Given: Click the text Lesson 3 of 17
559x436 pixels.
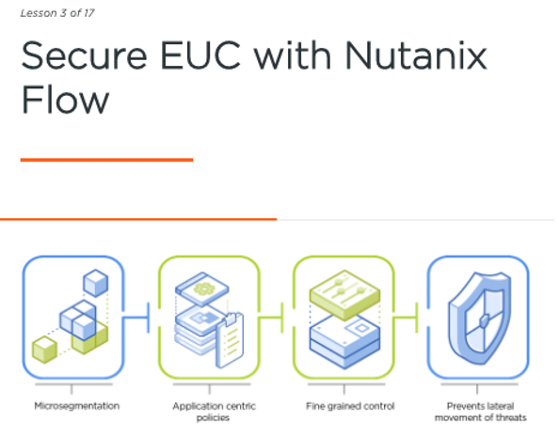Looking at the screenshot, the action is point(57,13).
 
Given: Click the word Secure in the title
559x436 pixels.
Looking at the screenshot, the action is point(84,55).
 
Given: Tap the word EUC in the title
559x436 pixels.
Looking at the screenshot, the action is point(200,55).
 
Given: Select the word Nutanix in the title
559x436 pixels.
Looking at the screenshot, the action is point(416,55).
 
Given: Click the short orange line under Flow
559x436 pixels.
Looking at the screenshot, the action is point(107,160).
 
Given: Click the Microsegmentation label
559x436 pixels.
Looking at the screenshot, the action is point(76,406).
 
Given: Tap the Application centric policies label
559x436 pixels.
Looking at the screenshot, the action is point(214,412).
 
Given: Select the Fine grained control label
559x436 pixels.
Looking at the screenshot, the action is point(350,406).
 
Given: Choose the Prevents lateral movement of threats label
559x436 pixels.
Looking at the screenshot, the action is point(481,412).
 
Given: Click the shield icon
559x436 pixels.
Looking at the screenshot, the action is point(480,318).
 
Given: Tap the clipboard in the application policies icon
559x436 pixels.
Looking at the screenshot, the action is point(231,340).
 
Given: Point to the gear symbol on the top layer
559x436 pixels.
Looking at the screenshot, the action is point(204,288).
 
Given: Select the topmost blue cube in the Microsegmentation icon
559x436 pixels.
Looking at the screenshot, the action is point(96,283).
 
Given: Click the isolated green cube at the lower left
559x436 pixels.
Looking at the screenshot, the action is point(44,350).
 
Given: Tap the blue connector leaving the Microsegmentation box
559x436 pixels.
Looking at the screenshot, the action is point(136,317).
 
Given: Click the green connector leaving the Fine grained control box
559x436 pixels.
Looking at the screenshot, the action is point(406,317).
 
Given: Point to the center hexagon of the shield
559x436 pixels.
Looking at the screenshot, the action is point(483,321).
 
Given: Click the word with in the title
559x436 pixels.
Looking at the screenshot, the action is point(293,55).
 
